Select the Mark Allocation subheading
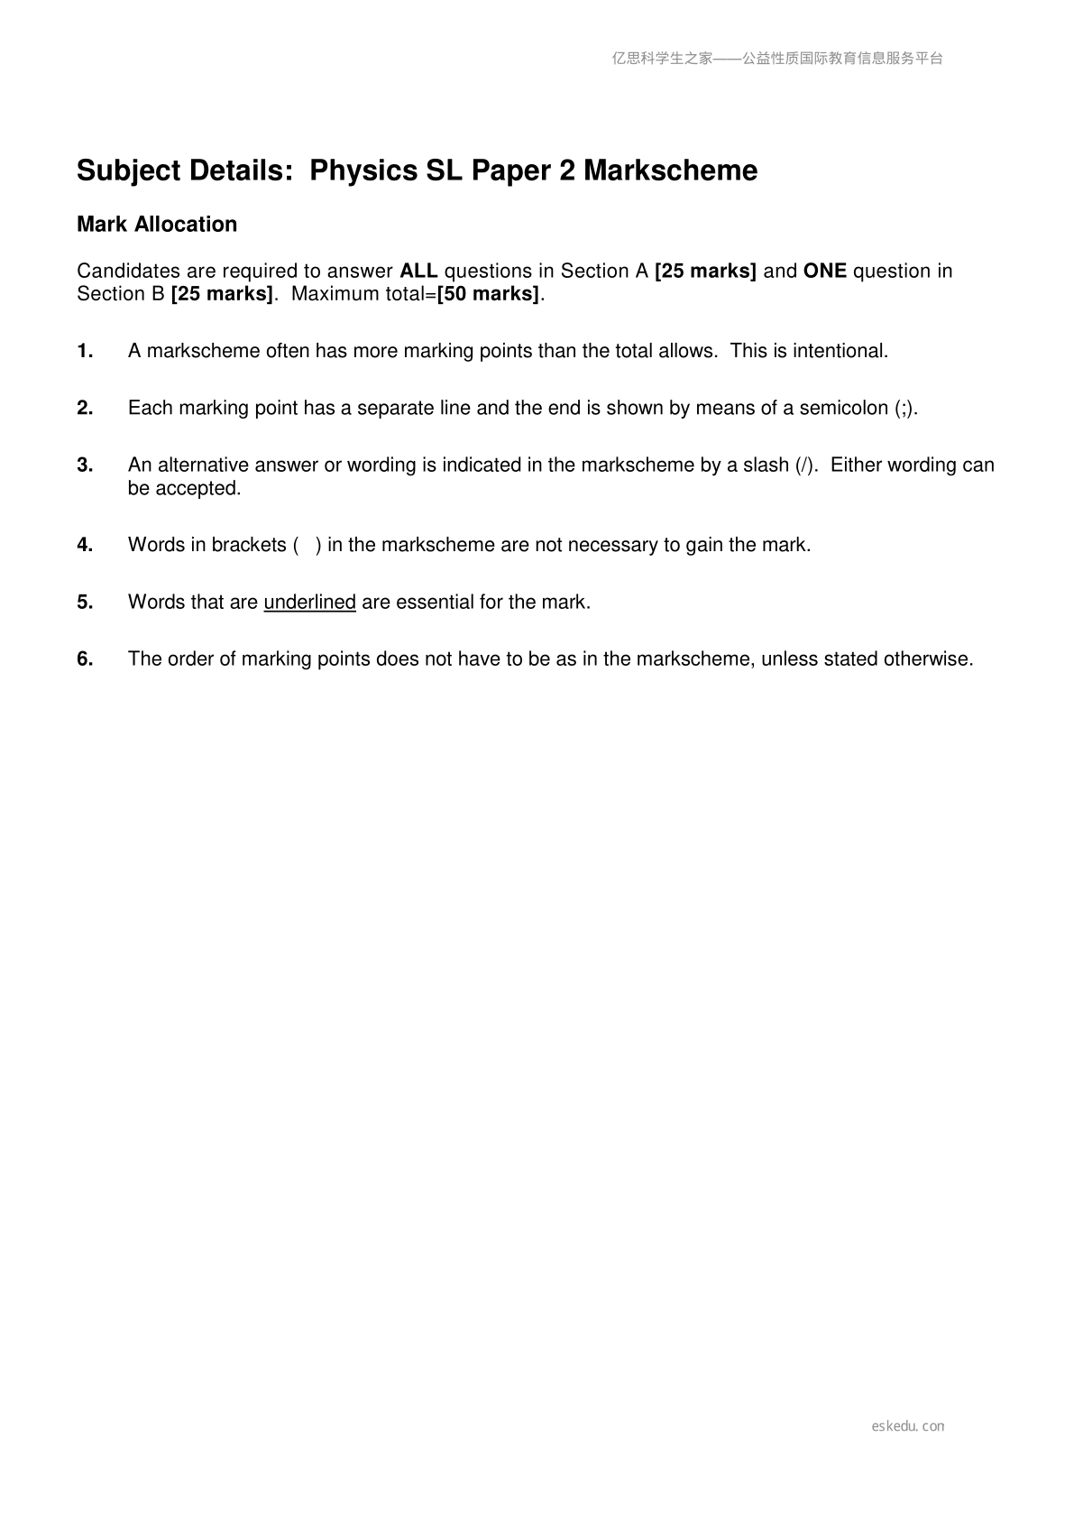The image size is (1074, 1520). pyautogui.click(x=157, y=225)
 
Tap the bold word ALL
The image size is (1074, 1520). pyautogui.click(x=418, y=272)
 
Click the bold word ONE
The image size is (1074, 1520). pyautogui.click(x=824, y=272)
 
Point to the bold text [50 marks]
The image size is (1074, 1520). pyautogui.click(x=488, y=295)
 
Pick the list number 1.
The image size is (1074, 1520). pyautogui.click(x=85, y=352)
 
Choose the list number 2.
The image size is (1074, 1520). pyautogui.click(x=85, y=409)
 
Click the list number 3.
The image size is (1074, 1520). pyautogui.click(x=85, y=465)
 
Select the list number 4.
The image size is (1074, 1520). pyautogui.click(x=85, y=545)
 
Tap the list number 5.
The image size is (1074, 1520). pyautogui.click(x=85, y=602)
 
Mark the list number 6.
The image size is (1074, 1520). pyautogui.click(x=85, y=659)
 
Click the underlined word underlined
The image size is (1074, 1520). pyautogui.click(x=309, y=603)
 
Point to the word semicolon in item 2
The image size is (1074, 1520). pyautogui.click(x=843, y=409)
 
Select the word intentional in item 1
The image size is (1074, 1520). pyautogui.click(x=840, y=352)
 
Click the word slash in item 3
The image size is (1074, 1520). pyautogui.click(x=766, y=465)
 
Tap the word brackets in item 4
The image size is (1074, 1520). pyautogui.click(x=248, y=545)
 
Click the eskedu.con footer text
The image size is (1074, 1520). pyautogui.click(x=908, y=1426)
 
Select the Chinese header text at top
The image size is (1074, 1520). pyautogui.click(x=777, y=59)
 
